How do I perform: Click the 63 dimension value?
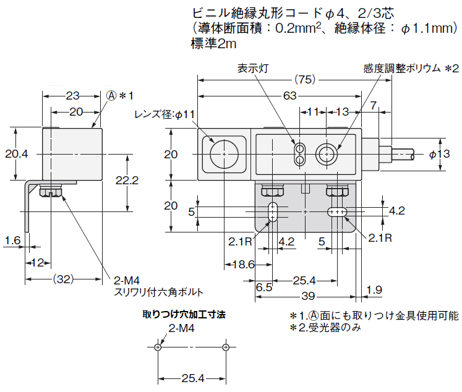pyautogui.click(x=289, y=96)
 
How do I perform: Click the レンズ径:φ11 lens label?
pyautogui.click(x=164, y=114)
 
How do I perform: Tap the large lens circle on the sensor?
pyautogui.click(x=223, y=153)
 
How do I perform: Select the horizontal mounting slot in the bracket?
pyautogui.click(x=337, y=212)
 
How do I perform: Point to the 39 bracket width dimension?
pyautogui.click(x=307, y=295)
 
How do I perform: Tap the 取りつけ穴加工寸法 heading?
pyautogui.click(x=184, y=314)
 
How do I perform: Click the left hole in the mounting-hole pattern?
pyautogui.click(x=159, y=348)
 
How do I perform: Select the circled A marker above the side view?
pyautogui.click(x=111, y=95)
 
